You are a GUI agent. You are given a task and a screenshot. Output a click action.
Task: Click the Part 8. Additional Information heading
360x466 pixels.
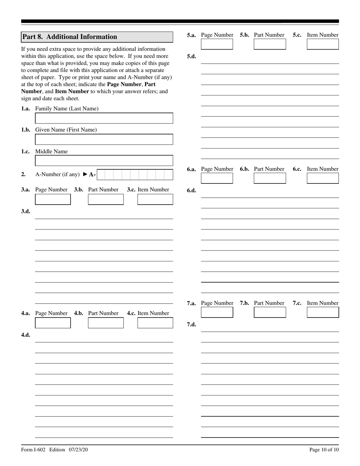pos(70,37)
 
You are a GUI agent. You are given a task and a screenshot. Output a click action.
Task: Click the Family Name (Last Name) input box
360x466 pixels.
pos(104,118)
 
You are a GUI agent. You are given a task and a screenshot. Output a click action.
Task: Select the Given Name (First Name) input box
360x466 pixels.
pos(104,139)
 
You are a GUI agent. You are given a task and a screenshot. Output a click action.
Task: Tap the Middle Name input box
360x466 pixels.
pos(104,161)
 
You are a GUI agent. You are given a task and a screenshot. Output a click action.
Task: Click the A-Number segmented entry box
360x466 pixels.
pos(135,175)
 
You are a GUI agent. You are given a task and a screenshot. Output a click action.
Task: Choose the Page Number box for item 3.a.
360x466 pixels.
pos(53,199)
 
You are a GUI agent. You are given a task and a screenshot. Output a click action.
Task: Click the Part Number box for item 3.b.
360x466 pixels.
pos(106,199)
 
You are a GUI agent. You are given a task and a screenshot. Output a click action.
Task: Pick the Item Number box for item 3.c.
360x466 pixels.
pos(155,199)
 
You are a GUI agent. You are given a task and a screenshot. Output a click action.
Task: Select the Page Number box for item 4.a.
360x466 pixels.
pos(53,323)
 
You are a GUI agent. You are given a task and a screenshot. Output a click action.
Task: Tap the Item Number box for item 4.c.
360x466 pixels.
pos(155,323)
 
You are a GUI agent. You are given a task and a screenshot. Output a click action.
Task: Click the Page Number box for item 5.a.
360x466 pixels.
pos(217,44)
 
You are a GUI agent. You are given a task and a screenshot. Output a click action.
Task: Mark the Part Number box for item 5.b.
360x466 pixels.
pos(270,44)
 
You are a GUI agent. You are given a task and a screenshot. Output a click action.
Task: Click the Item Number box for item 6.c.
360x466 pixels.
pos(322,178)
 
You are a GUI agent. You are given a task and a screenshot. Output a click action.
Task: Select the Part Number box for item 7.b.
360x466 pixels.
pos(270,313)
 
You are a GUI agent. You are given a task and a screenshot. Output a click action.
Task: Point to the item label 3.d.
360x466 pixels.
pos(26,211)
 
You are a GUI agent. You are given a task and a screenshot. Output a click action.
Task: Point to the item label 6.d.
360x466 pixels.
pos(191,190)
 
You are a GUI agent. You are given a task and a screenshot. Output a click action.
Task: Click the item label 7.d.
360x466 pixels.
pos(191,324)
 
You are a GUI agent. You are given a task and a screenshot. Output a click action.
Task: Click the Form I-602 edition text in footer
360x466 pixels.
pos(55,450)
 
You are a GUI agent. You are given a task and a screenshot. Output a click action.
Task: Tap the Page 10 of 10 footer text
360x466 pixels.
pos(324,450)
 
